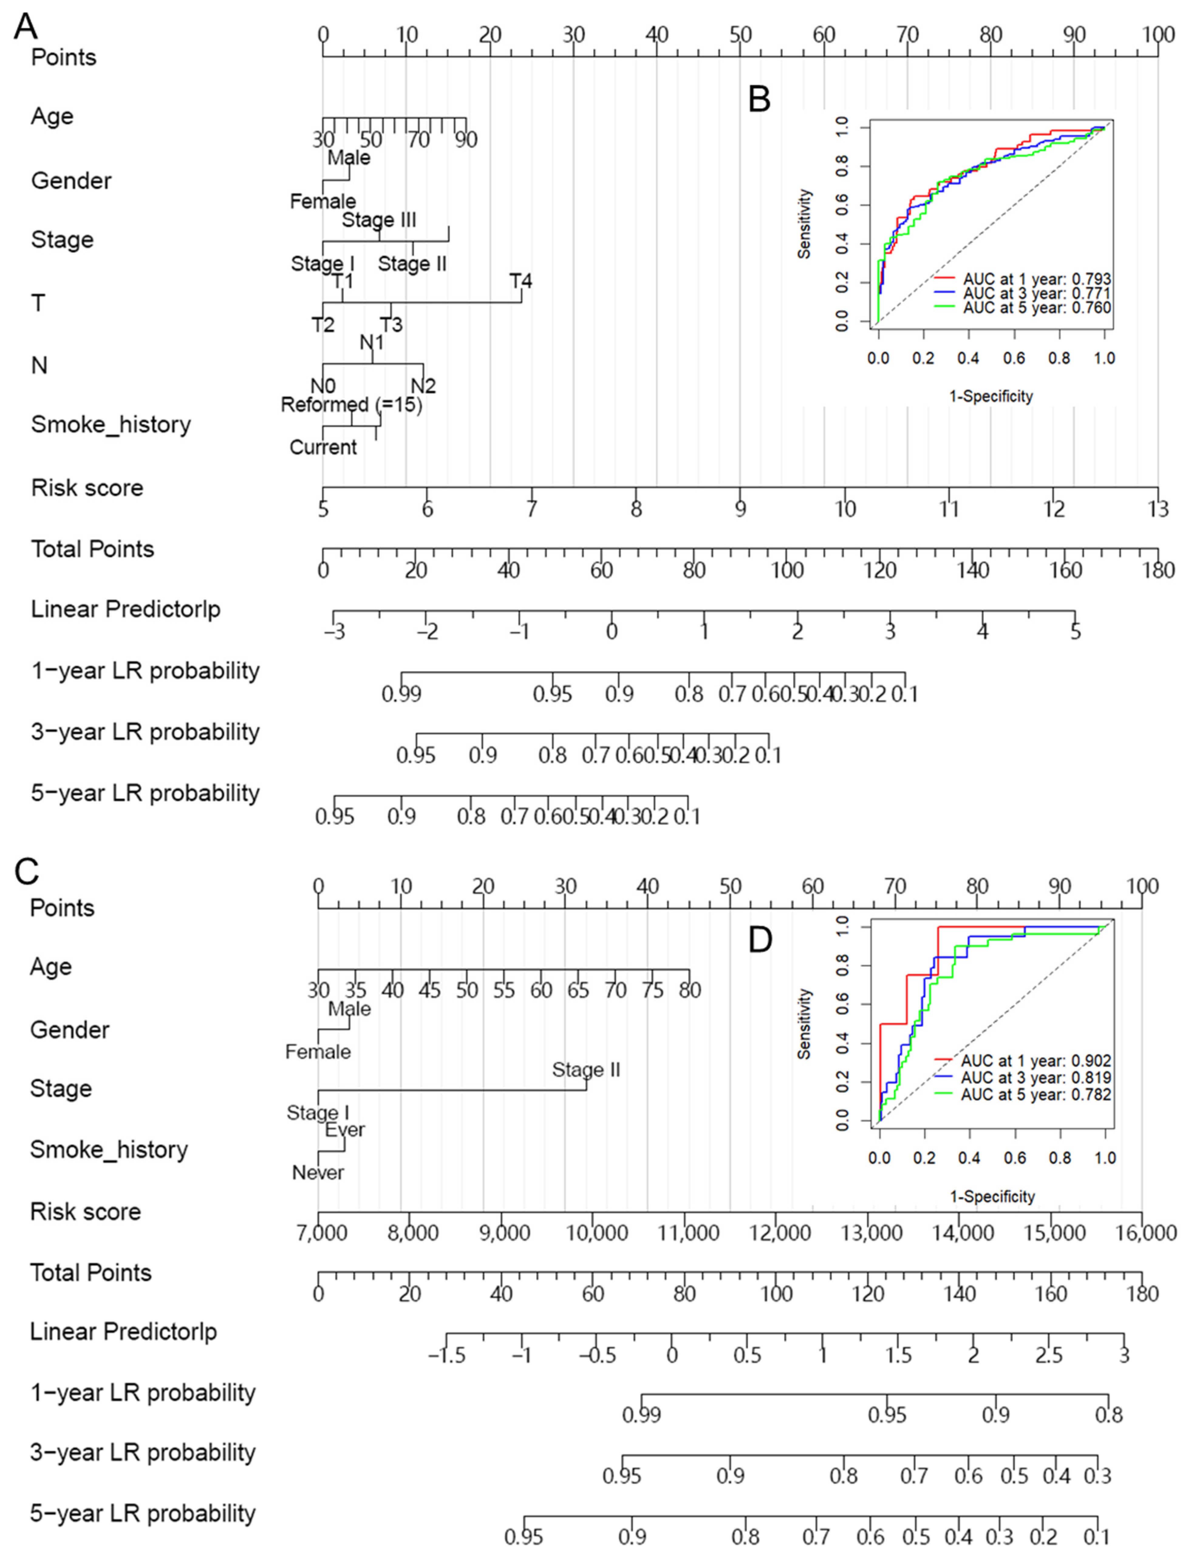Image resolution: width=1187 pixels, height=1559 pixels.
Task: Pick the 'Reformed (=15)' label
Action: (351, 405)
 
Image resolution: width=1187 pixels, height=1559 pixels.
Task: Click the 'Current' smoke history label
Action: (323, 447)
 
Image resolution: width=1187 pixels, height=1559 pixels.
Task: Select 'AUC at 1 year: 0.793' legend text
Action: (1036, 279)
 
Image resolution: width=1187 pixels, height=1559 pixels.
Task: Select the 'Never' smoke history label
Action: (318, 1173)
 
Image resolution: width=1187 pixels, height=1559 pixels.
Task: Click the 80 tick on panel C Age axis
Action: (690, 990)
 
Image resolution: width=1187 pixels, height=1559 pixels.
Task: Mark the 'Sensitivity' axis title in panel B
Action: (804, 223)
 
